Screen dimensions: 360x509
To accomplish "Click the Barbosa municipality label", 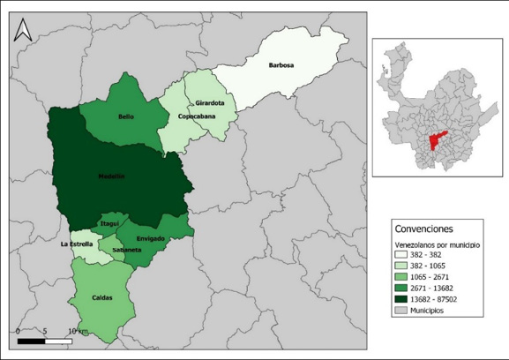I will pyautogui.click(x=281, y=65).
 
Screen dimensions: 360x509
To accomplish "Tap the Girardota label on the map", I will pyautogui.click(x=210, y=103).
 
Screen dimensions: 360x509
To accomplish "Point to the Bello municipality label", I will pyautogui.click(x=124, y=116).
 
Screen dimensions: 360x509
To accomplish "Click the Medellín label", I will pyautogui.click(x=111, y=176).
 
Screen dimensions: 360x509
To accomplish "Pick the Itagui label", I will pyautogui.click(x=109, y=225).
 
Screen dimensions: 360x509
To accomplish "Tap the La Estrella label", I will pyautogui.click(x=77, y=244).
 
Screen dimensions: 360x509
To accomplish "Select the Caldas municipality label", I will pyautogui.click(x=102, y=298).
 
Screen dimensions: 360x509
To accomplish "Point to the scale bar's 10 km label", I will pyautogui.click(x=79, y=332).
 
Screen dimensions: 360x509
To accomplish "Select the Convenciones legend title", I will pyautogui.click(x=423, y=229).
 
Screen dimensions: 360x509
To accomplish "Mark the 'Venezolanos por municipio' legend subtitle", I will pyautogui.click(x=437, y=244).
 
